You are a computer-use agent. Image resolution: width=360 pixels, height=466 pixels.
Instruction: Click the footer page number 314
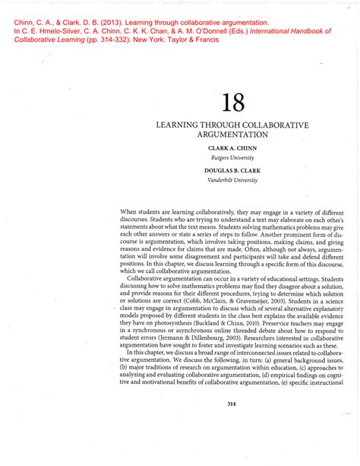(232, 404)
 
